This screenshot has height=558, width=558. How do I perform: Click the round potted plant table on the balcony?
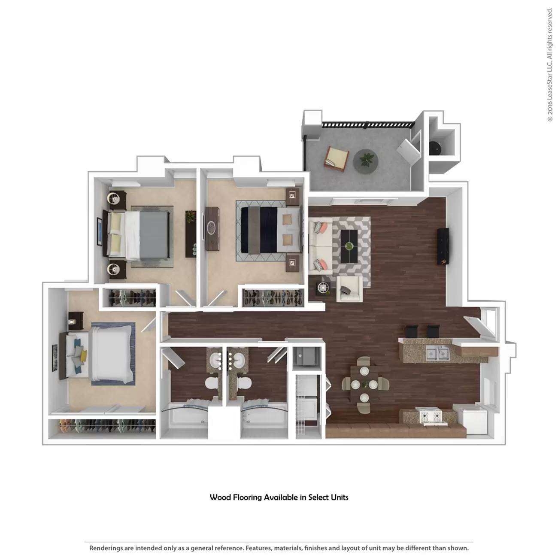[x=366, y=161]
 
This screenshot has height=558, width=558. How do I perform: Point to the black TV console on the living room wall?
[x=443, y=246]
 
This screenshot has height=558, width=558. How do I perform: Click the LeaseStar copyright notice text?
[x=550, y=64]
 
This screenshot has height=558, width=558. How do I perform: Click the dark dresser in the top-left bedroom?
[x=190, y=234]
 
